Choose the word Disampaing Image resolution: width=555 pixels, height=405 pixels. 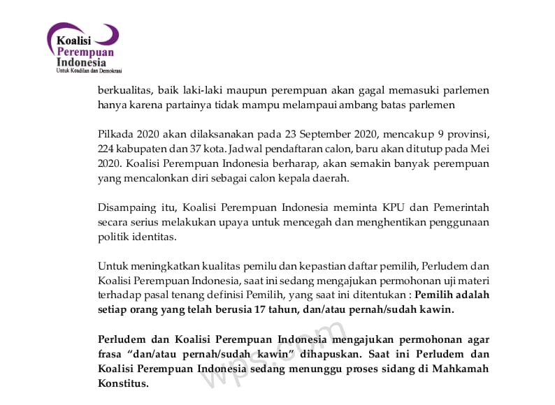pos(128,207)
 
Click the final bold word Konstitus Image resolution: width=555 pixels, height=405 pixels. pos(123,383)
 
